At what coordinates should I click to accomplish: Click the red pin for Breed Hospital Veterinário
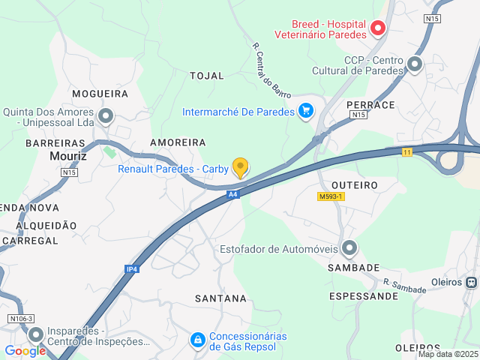[378, 29]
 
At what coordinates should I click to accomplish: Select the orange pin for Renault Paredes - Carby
[240, 167]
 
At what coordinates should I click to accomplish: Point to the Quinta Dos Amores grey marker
[106, 116]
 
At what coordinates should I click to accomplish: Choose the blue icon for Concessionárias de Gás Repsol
[197, 340]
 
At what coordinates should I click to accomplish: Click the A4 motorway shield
[232, 194]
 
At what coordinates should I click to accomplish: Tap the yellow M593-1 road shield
[330, 196]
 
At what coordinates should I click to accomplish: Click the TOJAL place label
[207, 76]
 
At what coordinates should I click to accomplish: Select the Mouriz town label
[68, 157]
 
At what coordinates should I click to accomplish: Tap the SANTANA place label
[220, 298]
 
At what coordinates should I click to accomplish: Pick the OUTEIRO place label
[354, 184]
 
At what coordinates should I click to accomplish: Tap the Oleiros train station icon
[471, 282]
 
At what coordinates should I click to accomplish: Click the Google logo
[25, 350]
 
